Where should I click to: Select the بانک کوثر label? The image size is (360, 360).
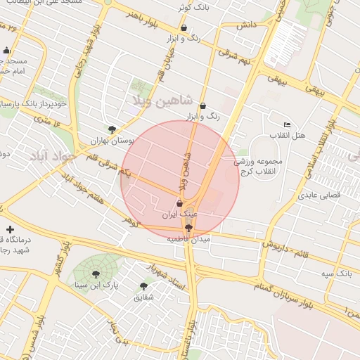click(195, 6)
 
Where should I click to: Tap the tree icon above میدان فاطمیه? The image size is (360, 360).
click(188, 227)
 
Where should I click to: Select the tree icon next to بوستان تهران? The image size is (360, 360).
click(112, 129)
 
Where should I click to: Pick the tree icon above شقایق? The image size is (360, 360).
click(143, 286)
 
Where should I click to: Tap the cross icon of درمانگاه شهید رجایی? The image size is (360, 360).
click(10, 229)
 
